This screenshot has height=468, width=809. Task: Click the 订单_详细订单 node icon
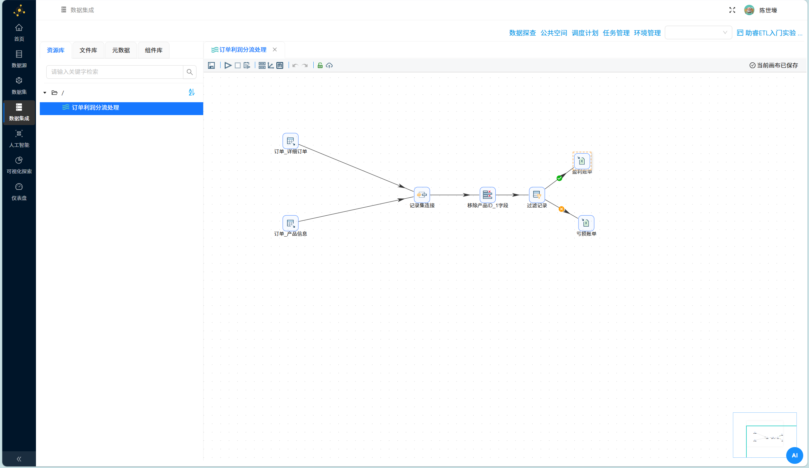[290, 141]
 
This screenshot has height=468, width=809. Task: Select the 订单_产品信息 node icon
[290, 223]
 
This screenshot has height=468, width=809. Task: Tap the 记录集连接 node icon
[422, 195]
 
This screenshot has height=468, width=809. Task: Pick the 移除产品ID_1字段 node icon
[487, 195]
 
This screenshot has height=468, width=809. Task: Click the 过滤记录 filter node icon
[537, 195]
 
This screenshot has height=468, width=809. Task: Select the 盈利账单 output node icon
[582, 161]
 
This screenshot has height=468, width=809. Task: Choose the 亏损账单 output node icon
[586, 223]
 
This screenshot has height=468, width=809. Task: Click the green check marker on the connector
[559, 178]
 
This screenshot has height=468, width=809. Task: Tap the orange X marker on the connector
[561, 209]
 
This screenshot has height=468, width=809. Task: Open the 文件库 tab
[88, 50]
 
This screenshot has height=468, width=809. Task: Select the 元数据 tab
[121, 50]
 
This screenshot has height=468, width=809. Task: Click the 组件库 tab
[153, 50]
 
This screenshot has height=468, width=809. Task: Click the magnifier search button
[190, 72]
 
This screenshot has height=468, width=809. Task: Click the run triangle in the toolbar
[228, 66]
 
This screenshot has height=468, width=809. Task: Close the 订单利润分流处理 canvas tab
[275, 50]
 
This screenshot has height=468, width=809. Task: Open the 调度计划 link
[585, 33]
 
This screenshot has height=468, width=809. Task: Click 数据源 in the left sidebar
[19, 59]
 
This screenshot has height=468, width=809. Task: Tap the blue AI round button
[795, 455]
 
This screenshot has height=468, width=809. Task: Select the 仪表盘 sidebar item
[19, 192]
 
